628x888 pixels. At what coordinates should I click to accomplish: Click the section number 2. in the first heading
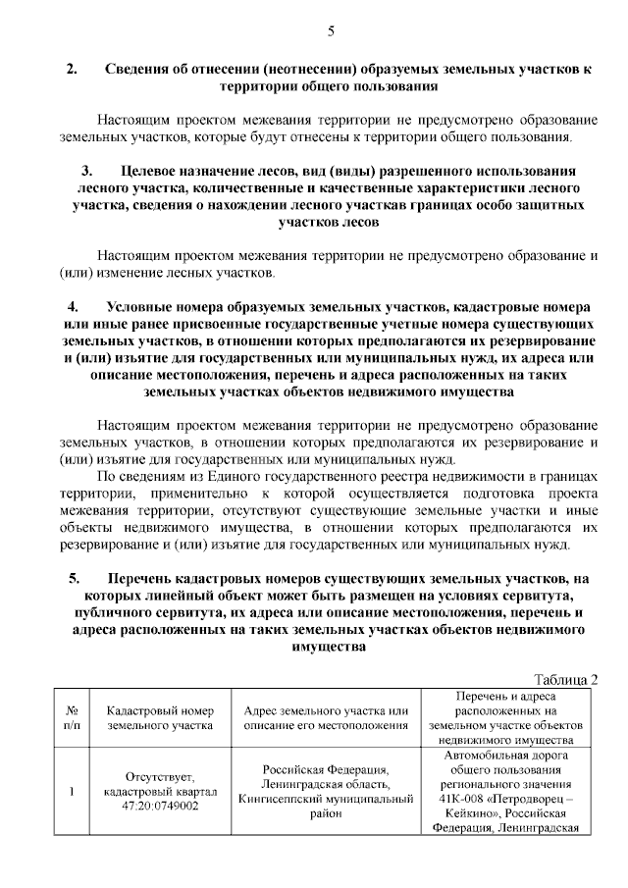[x=72, y=71]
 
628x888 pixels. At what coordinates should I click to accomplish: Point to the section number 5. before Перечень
[x=75, y=579]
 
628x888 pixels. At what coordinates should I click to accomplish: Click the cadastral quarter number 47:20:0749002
[x=148, y=806]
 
